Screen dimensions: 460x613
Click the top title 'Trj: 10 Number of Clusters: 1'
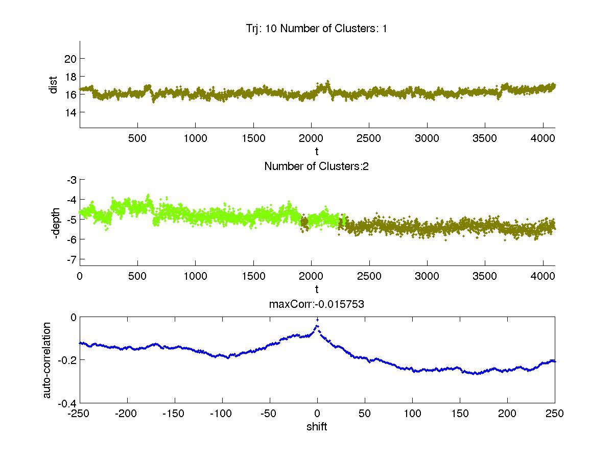click(x=317, y=29)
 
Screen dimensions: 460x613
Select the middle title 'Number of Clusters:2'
click(x=317, y=166)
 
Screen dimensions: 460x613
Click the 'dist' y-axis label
click(x=53, y=85)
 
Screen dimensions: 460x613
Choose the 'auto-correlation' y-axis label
click(x=46, y=360)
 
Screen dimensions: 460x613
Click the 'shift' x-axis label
click(x=317, y=427)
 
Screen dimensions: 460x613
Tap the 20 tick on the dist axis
click(x=70, y=58)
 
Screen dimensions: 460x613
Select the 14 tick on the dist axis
click(x=70, y=112)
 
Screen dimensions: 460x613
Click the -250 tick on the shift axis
click(x=80, y=414)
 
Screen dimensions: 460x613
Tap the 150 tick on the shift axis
click(x=460, y=414)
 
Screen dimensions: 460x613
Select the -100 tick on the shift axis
click(x=222, y=414)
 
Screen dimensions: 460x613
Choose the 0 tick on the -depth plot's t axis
click(x=80, y=276)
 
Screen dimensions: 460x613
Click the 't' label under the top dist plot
click(x=317, y=152)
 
